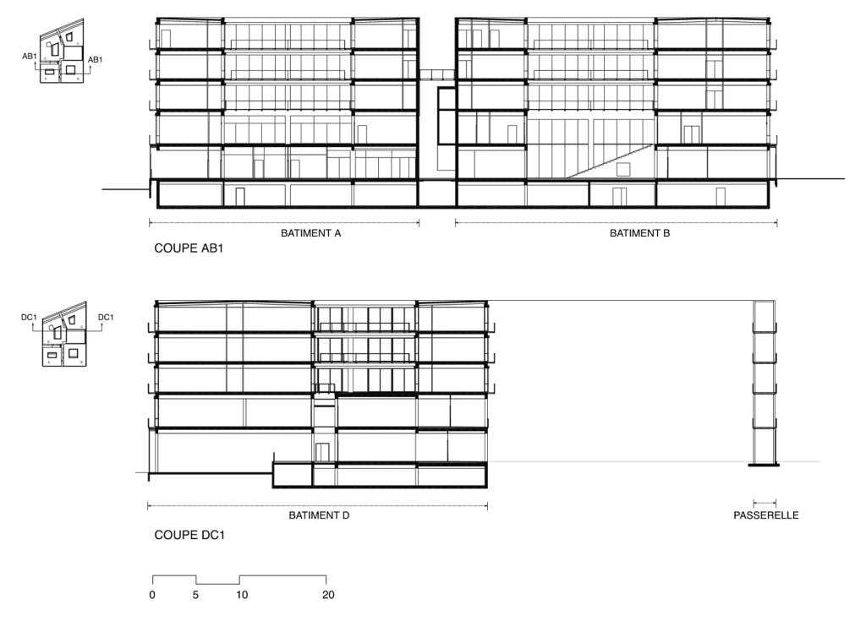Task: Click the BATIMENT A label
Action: (x=311, y=233)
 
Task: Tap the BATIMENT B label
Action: (x=639, y=233)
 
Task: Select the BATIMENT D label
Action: (x=319, y=515)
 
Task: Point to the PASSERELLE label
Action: (x=766, y=515)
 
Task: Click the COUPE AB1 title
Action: (x=189, y=248)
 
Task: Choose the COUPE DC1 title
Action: (x=189, y=535)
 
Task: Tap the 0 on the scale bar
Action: (x=152, y=595)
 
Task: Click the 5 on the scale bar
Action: (x=195, y=595)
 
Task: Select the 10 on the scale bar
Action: (x=242, y=595)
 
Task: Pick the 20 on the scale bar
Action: (x=328, y=595)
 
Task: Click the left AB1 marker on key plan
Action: (x=30, y=57)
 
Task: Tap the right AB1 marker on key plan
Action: (x=95, y=59)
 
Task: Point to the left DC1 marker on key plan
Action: (x=29, y=318)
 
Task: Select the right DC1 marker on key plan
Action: (x=106, y=318)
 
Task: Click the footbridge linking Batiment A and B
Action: (x=437, y=75)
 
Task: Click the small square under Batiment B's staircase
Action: (x=623, y=169)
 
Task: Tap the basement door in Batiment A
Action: (x=239, y=197)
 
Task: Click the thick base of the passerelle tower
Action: (x=764, y=466)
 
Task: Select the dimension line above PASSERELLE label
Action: (x=765, y=503)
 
